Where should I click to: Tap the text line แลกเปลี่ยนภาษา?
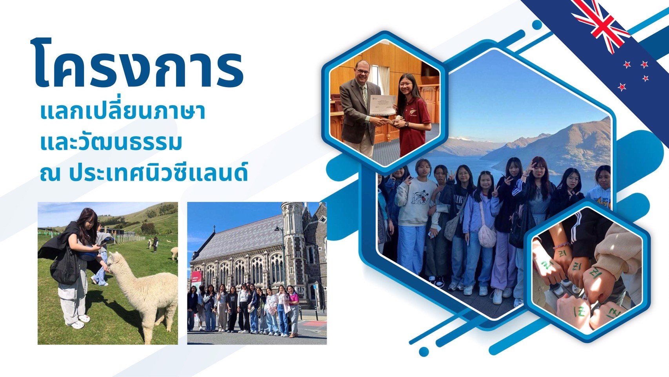point(122,112)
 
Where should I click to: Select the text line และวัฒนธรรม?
point(111,142)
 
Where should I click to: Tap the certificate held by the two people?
point(383,105)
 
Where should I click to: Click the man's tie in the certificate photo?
point(364,96)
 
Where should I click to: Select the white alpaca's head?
point(115,262)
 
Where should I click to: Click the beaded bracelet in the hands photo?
point(562,246)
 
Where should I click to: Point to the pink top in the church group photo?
point(294,297)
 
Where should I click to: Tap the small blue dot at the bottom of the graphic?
point(424,351)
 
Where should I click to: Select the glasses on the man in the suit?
point(363,71)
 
